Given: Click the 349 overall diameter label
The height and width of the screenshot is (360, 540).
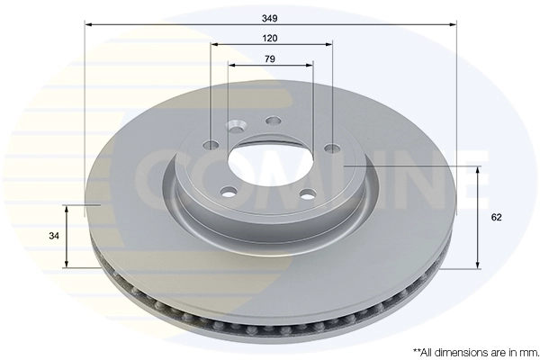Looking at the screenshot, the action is click(270, 18).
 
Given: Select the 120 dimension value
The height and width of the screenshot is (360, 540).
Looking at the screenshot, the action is click(270, 38).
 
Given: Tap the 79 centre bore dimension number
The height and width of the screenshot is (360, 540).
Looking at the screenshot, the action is click(270, 58).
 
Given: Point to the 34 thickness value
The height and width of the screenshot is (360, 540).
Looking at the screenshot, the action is click(54, 236).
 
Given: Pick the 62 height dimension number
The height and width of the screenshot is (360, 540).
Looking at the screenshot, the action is click(497, 218).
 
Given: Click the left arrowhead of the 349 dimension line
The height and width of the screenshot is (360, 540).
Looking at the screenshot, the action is click(88, 24).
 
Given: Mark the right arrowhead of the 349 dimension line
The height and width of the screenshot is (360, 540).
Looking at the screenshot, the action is click(453, 24).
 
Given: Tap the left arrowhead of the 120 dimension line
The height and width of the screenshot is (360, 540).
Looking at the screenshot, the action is click(215, 44).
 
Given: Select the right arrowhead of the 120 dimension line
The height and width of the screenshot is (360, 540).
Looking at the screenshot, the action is click(328, 44).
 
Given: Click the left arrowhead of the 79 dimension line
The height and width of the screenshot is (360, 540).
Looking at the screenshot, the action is click(232, 65).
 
